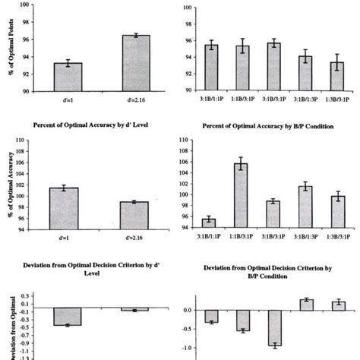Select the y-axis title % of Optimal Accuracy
11,186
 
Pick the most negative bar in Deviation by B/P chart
274,327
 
